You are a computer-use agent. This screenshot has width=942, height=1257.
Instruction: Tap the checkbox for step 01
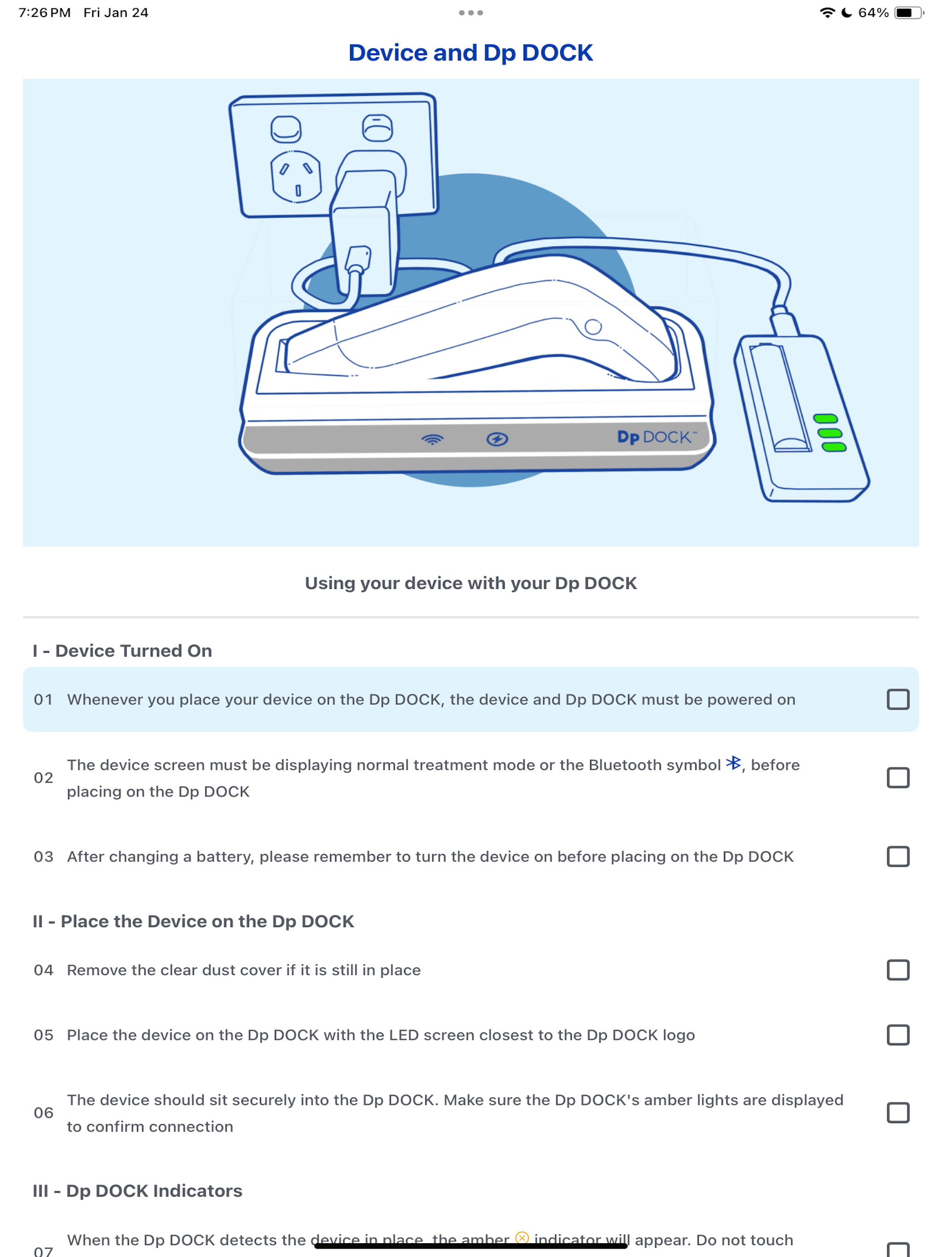(898, 699)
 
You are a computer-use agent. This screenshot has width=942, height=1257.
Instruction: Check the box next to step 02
(898, 778)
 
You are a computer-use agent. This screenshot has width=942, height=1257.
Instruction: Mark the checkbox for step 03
(898, 856)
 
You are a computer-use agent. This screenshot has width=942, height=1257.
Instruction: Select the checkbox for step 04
(898, 970)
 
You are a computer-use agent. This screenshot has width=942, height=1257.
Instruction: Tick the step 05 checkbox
(898, 1035)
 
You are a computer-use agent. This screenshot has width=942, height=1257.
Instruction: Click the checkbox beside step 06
(898, 1113)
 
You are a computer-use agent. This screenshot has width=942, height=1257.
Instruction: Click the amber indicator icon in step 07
(522, 1238)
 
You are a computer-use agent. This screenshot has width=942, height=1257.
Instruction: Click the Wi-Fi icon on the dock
(432, 439)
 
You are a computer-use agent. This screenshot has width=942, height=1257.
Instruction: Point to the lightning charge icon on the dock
(497, 438)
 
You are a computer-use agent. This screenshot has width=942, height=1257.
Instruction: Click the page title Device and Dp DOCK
(471, 52)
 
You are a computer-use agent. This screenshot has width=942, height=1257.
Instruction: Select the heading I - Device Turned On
(122, 651)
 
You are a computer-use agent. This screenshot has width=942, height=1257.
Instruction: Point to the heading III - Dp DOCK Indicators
(138, 1190)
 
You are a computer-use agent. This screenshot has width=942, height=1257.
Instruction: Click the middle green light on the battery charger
(829, 433)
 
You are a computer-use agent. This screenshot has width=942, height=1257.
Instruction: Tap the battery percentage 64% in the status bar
(873, 12)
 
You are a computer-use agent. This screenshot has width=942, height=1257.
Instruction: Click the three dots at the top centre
(471, 12)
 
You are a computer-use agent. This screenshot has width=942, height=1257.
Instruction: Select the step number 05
(43, 1035)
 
